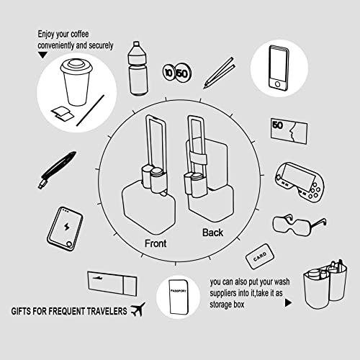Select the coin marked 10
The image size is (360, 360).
(x=168, y=73)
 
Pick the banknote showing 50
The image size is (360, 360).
(x=289, y=132)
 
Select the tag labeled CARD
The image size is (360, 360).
(x=261, y=256)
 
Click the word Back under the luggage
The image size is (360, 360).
(x=212, y=233)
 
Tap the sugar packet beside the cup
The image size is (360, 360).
(x=60, y=112)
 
